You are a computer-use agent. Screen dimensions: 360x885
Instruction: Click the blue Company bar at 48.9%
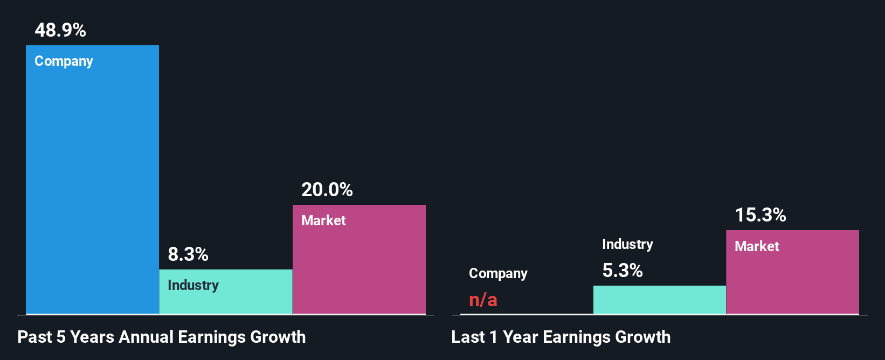(x=92, y=183)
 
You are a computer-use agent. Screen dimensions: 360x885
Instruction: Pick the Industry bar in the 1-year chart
(x=659, y=300)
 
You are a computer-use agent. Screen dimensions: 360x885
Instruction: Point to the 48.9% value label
(x=60, y=30)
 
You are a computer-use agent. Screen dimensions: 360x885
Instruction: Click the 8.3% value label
(x=188, y=254)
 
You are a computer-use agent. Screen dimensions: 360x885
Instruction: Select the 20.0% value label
(x=327, y=190)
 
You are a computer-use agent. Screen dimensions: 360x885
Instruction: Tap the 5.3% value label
(x=622, y=271)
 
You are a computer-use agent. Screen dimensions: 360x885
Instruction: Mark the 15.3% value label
(x=760, y=215)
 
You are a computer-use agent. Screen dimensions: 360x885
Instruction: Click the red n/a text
(x=483, y=300)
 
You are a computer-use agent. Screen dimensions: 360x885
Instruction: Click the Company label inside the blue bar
(x=64, y=61)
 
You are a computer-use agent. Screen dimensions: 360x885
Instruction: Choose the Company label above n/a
(x=498, y=274)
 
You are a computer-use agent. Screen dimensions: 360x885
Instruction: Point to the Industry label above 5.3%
(x=627, y=245)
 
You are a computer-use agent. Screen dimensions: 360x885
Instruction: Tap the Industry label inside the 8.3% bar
(x=193, y=285)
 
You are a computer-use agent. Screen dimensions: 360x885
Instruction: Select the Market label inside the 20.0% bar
(x=323, y=220)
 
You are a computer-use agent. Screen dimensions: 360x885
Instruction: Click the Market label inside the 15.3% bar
(x=757, y=246)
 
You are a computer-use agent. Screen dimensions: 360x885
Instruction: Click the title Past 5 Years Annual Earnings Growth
(x=162, y=337)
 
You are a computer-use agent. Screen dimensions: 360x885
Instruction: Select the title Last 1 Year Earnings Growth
(x=561, y=337)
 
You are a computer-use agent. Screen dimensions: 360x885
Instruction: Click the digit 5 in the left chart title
(x=61, y=337)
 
